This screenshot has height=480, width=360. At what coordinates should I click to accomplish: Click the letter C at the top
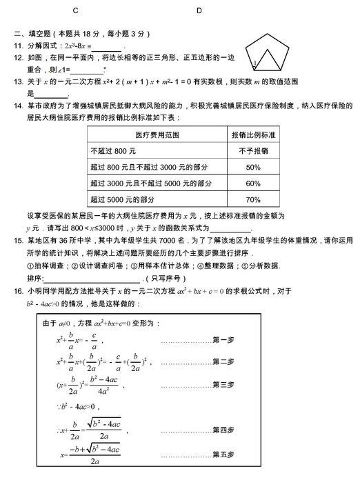(x=74, y=11)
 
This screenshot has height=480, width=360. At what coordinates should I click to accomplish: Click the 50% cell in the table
(x=253, y=167)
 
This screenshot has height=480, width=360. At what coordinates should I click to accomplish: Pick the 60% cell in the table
(x=253, y=183)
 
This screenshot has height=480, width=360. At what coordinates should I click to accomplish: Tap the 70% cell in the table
(x=253, y=200)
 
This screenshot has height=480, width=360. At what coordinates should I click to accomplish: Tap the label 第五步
(x=224, y=454)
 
